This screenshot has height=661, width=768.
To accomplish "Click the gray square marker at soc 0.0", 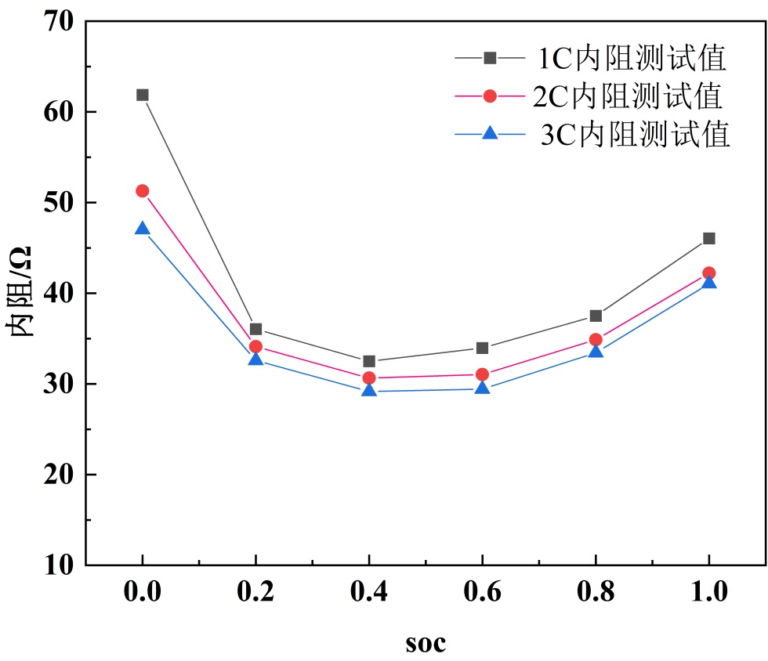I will (142, 95).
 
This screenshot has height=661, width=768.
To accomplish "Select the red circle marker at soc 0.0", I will (142, 190).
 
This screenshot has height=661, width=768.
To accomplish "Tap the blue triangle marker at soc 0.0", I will (142, 229).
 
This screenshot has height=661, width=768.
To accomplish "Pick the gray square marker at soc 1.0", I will (708, 238).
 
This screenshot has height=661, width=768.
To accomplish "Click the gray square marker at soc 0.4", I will (368, 361).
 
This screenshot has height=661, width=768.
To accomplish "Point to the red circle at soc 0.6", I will (482, 374).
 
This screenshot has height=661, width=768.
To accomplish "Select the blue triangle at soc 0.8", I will (596, 351).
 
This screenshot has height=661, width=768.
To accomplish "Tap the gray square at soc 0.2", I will (255, 329).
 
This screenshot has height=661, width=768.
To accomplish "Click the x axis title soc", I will (426, 644).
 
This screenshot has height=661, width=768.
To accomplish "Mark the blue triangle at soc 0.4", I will (368, 389).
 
